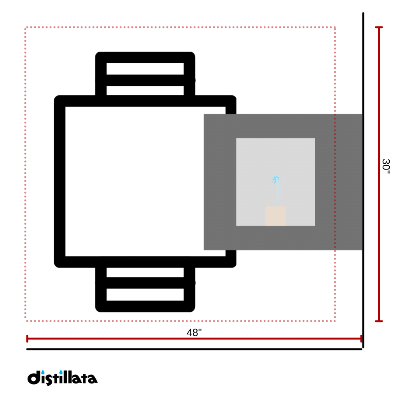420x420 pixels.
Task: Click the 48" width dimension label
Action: (x=194, y=333)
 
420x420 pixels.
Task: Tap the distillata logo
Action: (x=62, y=378)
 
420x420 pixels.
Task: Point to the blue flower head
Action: (x=276, y=179)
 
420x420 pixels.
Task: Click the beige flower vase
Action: (x=275, y=216)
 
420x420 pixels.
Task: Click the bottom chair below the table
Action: (x=145, y=288)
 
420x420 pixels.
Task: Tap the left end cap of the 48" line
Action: (x=27, y=339)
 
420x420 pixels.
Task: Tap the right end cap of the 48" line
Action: (x=361, y=339)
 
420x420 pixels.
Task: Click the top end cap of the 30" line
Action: (x=379, y=27)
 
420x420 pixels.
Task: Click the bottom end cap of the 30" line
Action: (x=379, y=321)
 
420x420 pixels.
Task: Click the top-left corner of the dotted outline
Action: (x=26, y=28)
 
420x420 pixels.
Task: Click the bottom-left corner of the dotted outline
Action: (x=26, y=321)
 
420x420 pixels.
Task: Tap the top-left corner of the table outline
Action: (x=59, y=101)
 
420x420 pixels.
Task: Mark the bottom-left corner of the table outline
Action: (x=59, y=262)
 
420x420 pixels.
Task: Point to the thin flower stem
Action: (x=278, y=194)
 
